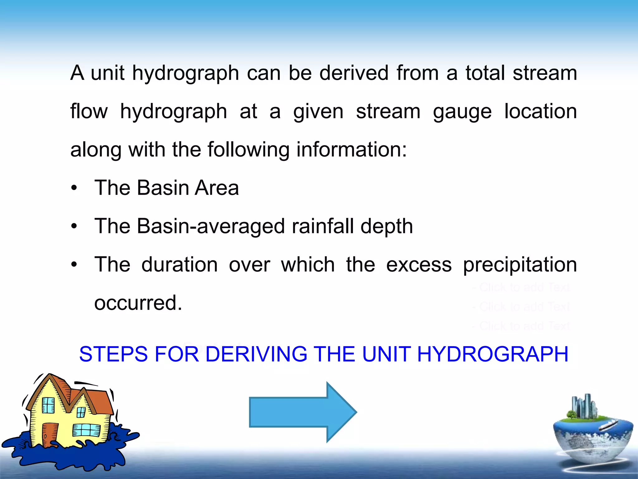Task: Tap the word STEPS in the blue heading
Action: pos(113,354)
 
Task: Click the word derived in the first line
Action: pos(354,73)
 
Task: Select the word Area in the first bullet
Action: pos(217,188)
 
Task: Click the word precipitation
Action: pos(520,265)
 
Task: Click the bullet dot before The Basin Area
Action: pos(74,188)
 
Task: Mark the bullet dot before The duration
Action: pos(74,265)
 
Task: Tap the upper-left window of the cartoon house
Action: pos(48,405)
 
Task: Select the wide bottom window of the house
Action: pos(86,430)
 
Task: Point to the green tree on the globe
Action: pos(572,415)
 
